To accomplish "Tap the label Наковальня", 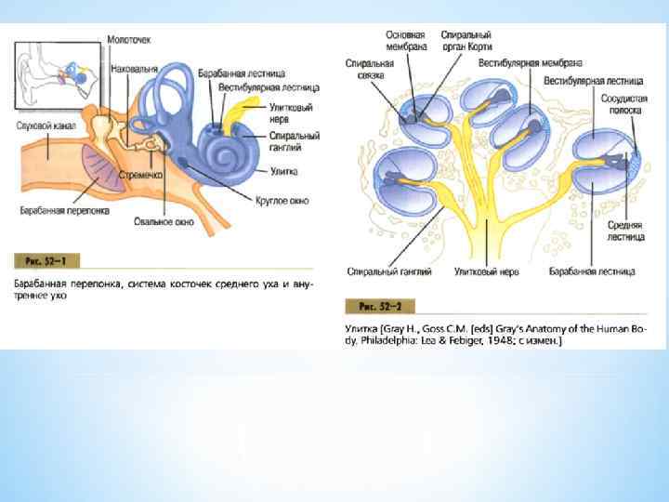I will [134, 69].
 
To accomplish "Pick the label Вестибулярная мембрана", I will [531, 63].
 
